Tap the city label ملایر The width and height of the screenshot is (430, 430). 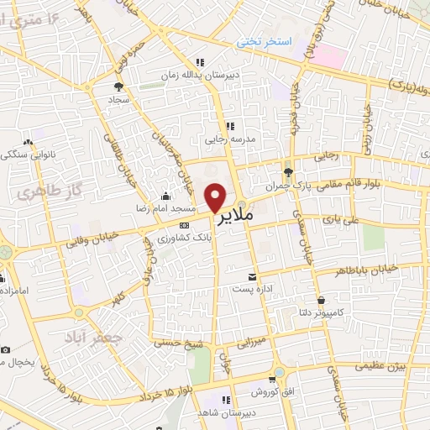tap(236, 218)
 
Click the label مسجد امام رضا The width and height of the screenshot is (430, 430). tap(166, 207)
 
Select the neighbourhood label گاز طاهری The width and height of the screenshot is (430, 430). tap(38, 192)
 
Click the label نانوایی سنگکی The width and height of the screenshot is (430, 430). tap(29, 155)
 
